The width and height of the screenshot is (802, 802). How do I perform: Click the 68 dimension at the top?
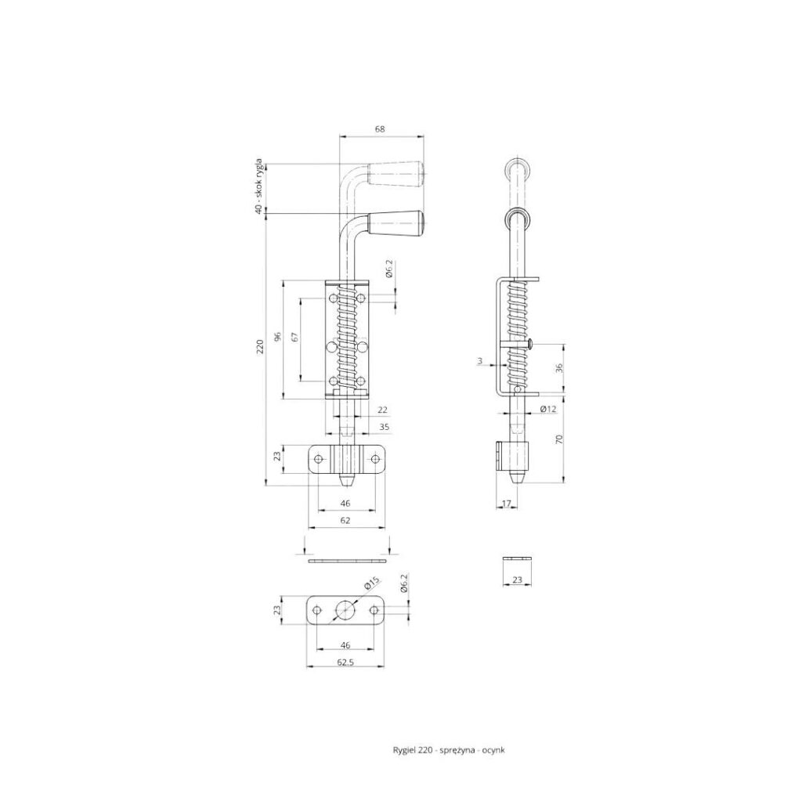380,129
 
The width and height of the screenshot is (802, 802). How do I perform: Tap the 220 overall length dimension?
260,347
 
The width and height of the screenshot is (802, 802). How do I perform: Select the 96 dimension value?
278,337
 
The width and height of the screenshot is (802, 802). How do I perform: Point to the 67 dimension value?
294,337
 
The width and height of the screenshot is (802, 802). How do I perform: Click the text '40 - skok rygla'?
260,186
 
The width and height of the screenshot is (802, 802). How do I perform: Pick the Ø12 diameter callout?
547,409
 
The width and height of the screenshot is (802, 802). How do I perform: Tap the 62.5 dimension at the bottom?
345,662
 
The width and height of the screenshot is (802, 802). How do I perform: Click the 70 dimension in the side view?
559,439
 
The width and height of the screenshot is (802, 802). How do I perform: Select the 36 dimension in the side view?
559,368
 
